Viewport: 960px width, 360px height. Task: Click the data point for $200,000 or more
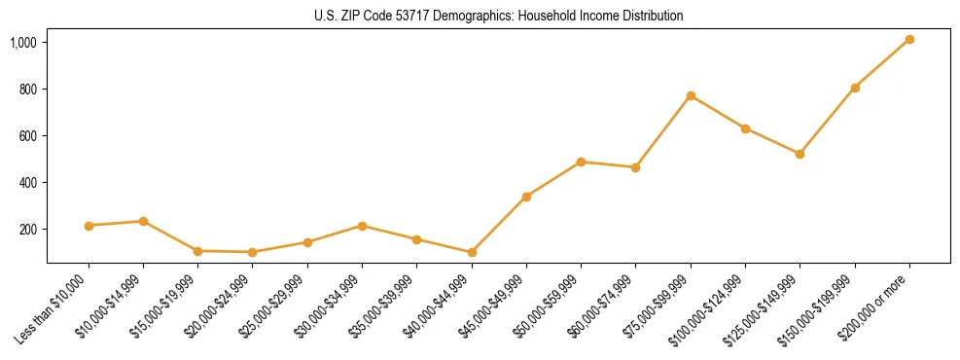coord(909,39)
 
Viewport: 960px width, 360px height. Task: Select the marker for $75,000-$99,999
coord(691,95)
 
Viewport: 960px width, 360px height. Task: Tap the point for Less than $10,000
coord(89,226)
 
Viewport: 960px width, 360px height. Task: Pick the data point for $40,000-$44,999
coord(472,252)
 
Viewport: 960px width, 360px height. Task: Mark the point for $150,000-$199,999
coord(855,88)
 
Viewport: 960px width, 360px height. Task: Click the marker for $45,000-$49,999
coord(526,197)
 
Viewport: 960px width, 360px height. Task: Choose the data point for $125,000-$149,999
coord(800,154)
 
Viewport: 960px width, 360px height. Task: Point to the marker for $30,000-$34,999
coord(362,226)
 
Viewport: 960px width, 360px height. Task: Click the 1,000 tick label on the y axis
coord(23,43)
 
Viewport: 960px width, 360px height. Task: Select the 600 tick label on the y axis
coord(27,136)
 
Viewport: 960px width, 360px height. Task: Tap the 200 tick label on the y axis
coord(27,230)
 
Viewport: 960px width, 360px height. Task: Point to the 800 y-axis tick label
coord(27,90)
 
